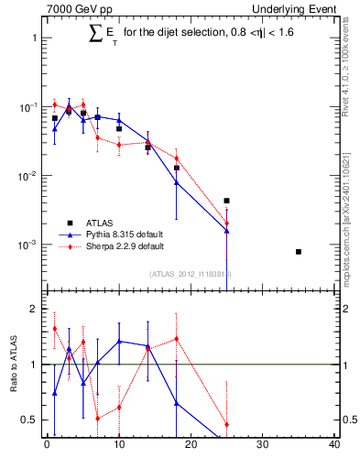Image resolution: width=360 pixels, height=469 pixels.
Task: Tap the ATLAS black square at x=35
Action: coord(299,251)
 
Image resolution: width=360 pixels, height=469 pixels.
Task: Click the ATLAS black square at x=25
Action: coord(226,201)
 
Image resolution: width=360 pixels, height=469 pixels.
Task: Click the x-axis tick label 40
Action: coord(334,446)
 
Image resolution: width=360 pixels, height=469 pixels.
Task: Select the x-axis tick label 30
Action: coord(262,446)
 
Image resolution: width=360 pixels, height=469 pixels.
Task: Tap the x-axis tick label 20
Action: coord(191,446)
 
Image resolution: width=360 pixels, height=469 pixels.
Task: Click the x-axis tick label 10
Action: coord(118,446)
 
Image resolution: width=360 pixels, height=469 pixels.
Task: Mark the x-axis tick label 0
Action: coord(47,446)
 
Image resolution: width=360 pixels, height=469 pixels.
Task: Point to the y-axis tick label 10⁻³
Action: coord(25,245)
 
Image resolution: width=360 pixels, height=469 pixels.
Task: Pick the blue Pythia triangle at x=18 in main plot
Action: coord(176,182)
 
